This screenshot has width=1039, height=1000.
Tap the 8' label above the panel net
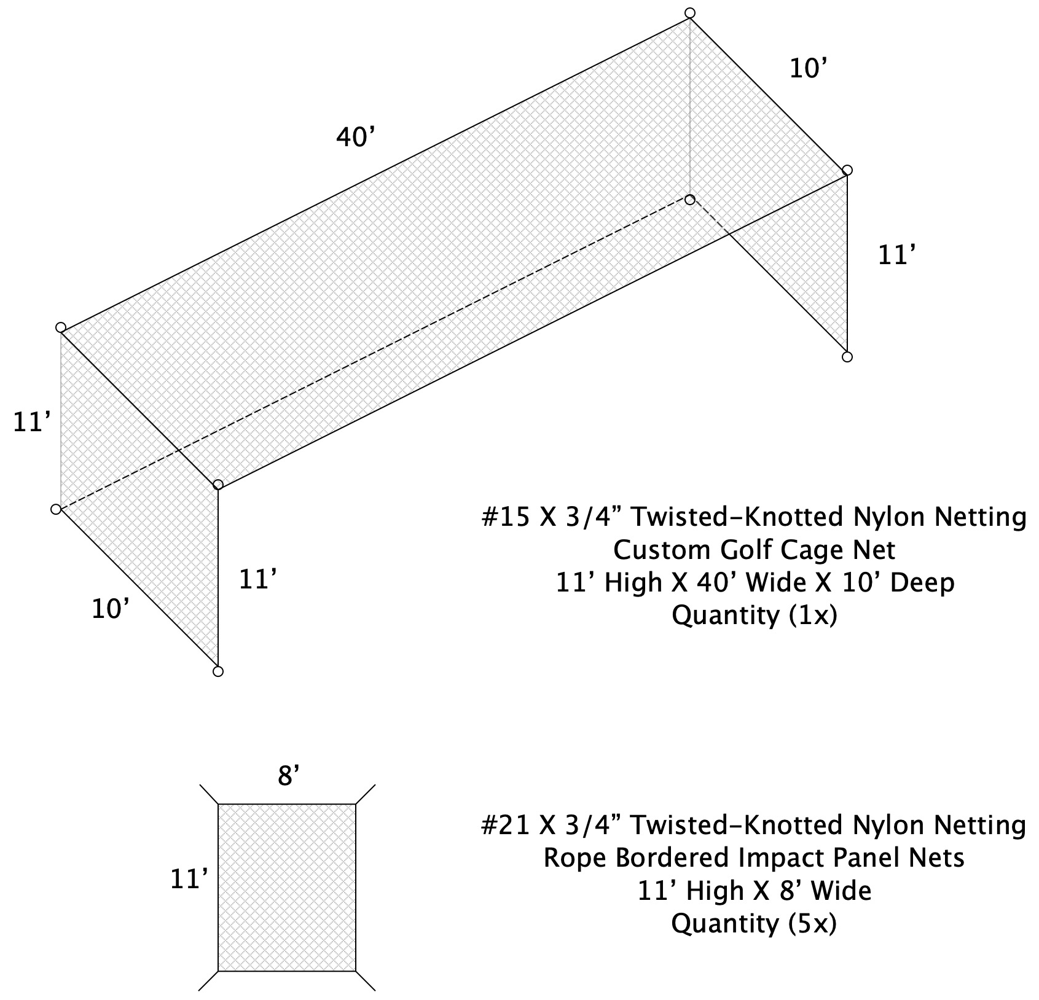288,776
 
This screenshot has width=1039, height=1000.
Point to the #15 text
506,517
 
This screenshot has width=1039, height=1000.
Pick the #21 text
506,825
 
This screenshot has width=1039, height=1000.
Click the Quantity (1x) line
754,615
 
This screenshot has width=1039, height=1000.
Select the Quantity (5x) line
754,923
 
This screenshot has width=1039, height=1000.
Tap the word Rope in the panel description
573,858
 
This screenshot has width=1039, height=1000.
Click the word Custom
661,550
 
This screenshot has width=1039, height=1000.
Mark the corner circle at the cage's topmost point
690,13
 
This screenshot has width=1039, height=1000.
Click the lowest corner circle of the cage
218,671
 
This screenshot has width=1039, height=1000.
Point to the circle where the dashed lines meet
690,200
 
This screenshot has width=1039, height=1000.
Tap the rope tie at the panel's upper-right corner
366,794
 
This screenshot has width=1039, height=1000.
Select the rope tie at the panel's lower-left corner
208,980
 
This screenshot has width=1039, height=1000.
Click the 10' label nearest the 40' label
806,69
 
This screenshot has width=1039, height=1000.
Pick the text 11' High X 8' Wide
754,891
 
